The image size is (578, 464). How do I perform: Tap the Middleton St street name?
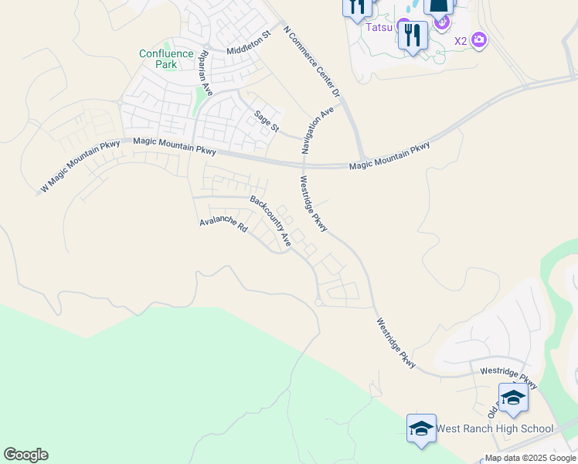pos(249,44)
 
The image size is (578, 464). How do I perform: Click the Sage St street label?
pos(267,121)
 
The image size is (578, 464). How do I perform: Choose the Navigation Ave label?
pos(318,128)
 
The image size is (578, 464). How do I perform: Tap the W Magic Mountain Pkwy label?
pos(80,165)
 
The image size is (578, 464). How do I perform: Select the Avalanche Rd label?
pos(223,225)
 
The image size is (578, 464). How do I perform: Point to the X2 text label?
pos(461,41)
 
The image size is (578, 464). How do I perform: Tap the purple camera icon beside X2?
pos(479,39)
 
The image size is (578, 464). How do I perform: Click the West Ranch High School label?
pos(495,428)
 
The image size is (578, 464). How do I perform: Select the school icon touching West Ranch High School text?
pos(422,428)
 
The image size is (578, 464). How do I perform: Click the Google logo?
pos(25,455)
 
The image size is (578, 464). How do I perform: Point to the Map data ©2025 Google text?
pos(530,458)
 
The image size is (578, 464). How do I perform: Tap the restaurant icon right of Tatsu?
pos(413,36)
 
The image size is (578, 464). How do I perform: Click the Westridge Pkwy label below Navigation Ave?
pos(314,204)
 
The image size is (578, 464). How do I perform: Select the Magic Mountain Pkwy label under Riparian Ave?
pos(175,145)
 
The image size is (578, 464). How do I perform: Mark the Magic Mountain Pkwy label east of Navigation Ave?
pos(389,157)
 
